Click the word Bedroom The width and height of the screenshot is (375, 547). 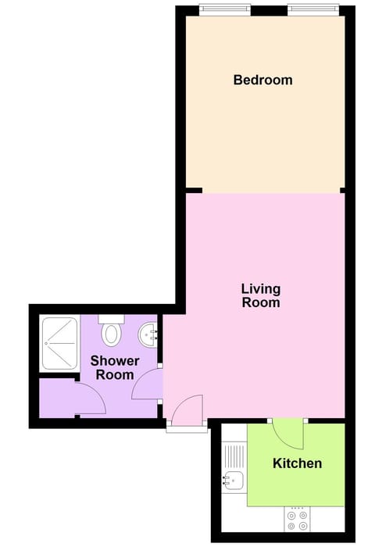[x=262, y=80]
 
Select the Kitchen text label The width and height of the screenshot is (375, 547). [x=297, y=463]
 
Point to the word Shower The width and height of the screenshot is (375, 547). [x=115, y=361]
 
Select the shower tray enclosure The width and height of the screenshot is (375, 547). [x=59, y=342]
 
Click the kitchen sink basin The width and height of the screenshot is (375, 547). [x=232, y=479]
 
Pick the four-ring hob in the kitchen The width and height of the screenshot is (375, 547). [x=297, y=520]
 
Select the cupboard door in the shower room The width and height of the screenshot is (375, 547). [x=91, y=399]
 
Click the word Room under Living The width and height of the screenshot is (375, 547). [x=261, y=302]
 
